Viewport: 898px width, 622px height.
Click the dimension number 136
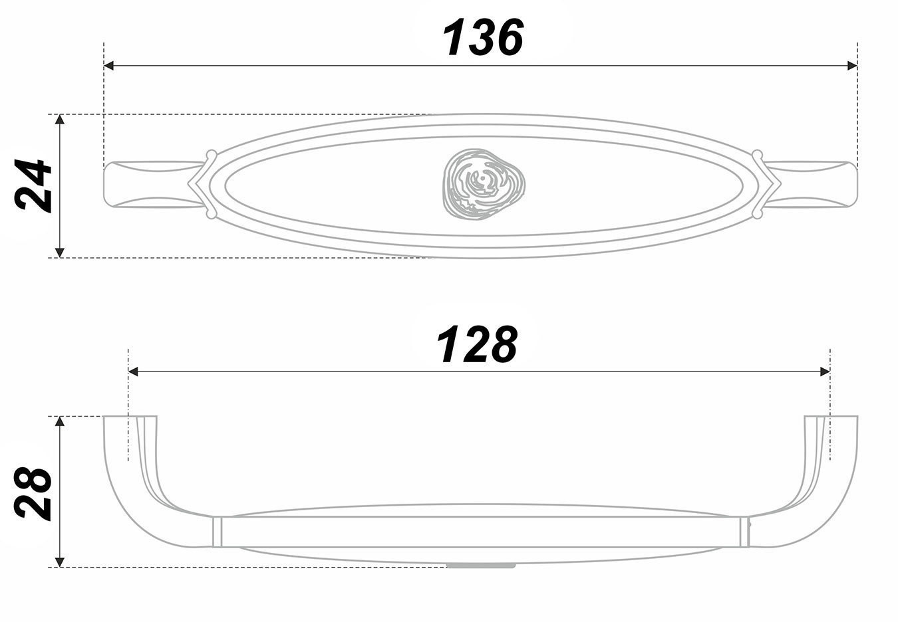[x=483, y=37]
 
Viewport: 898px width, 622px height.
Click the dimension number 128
[x=476, y=344]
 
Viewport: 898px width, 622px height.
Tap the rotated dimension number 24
[x=33, y=185]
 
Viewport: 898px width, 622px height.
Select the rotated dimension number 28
[x=33, y=494]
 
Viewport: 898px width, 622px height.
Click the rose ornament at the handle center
[x=484, y=184]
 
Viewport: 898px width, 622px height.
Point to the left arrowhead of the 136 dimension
[x=108, y=66]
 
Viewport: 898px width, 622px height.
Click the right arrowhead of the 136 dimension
[x=852, y=66]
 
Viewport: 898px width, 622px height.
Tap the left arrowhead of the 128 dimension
[x=133, y=371]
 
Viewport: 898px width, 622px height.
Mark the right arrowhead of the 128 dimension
[x=825, y=371]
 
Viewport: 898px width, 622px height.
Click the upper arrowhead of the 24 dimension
[x=60, y=120]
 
